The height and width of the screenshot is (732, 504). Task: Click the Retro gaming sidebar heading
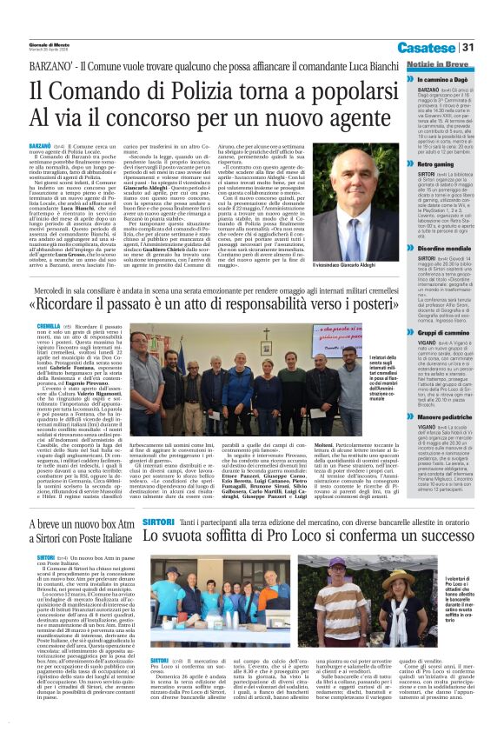click(x=433, y=163)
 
